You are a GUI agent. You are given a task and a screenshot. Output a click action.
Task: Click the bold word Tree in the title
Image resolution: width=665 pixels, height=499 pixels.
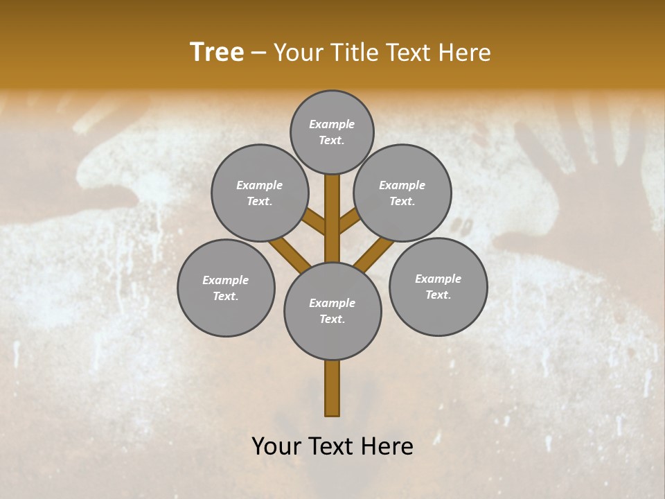[217, 52]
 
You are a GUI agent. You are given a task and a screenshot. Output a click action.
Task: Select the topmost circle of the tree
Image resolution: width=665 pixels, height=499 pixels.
[332, 132]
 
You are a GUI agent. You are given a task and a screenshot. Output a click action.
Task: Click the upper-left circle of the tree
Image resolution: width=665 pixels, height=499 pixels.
[260, 193]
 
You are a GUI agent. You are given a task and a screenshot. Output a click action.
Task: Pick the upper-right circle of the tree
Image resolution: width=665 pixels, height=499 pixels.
[402, 193]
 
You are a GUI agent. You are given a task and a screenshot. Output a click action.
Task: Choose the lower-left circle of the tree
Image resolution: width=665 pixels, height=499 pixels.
[226, 288]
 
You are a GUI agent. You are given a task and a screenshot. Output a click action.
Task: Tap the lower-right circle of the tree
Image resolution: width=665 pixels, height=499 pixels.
[438, 286]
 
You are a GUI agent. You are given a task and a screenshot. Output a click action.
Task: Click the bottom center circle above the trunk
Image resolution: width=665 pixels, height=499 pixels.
[332, 311]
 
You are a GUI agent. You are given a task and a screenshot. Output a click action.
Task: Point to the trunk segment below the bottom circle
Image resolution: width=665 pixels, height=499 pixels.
[332, 388]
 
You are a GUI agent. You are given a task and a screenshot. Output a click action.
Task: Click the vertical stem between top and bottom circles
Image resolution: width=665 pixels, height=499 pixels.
[332, 218]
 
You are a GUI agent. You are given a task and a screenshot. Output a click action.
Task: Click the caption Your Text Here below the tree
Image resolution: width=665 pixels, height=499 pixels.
[332, 446]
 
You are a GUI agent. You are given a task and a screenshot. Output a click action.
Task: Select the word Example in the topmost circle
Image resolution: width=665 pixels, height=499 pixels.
[332, 124]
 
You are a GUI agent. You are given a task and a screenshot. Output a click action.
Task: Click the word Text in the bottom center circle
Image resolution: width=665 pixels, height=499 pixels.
[332, 319]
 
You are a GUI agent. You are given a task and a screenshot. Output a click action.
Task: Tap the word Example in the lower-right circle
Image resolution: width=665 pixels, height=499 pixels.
[438, 279]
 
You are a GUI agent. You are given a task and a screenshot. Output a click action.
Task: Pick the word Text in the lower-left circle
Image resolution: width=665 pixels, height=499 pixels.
[226, 297]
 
